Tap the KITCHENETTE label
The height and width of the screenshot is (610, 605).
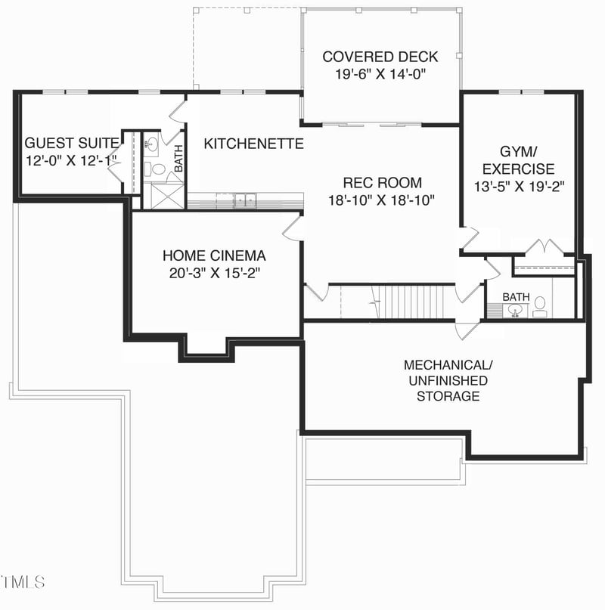253,144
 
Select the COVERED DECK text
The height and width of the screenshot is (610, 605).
380,57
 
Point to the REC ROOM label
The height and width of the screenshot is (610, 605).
382,182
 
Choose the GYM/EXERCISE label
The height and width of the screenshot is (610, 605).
518,159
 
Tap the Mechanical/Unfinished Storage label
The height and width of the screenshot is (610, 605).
448,380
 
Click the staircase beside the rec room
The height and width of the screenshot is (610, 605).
412,302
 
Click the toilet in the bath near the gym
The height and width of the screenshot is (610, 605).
540,305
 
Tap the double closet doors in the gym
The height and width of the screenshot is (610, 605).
544,247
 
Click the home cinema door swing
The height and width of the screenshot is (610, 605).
293,227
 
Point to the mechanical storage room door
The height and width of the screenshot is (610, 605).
466,330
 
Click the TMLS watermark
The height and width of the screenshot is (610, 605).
23,582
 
